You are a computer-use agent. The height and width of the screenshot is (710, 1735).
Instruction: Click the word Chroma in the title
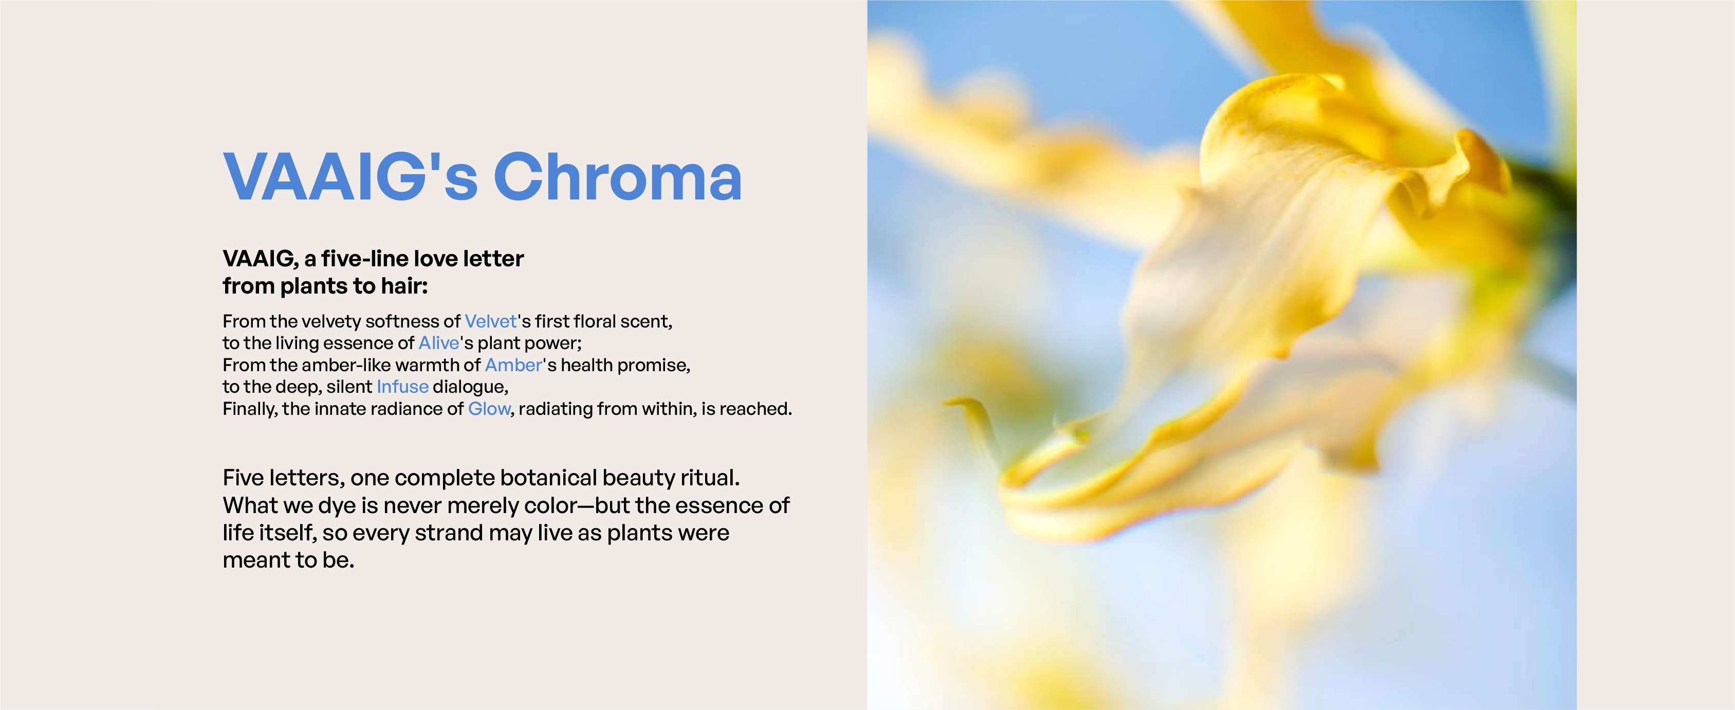(618, 177)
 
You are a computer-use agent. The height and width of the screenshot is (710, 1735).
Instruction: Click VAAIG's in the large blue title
(350, 177)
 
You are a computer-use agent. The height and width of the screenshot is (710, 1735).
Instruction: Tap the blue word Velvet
(491, 321)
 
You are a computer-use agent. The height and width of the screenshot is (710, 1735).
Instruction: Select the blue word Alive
(439, 343)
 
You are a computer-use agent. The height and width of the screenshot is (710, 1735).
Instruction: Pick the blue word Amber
(513, 365)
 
